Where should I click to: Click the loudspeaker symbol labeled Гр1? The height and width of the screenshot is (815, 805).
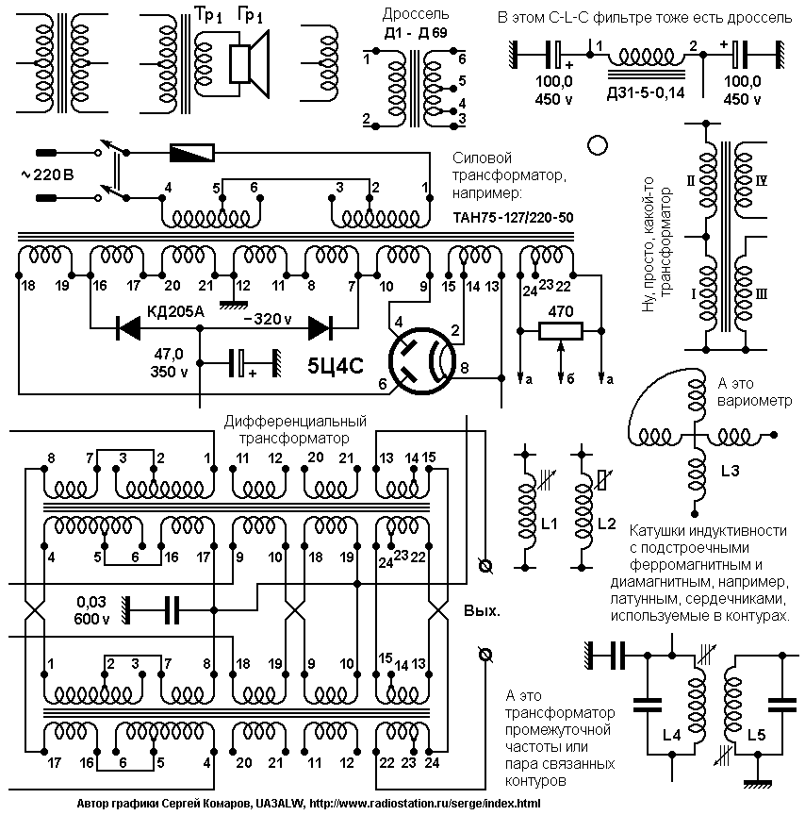[249, 64]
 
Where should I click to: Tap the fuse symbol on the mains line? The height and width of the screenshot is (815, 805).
[191, 153]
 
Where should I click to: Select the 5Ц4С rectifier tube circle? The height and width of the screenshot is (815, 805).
[421, 361]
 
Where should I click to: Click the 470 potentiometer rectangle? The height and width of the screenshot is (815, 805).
[560, 330]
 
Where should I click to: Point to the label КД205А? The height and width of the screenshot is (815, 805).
[175, 311]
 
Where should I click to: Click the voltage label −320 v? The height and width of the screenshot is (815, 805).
[268, 319]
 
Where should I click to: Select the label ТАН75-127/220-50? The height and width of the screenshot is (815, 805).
[513, 217]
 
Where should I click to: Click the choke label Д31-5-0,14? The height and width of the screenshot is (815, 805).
[646, 93]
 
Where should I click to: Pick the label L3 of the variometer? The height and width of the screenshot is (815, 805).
[730, 471]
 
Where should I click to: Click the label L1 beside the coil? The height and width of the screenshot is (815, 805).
[549, 524]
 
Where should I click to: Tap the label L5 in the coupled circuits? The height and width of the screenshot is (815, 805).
[756, 735]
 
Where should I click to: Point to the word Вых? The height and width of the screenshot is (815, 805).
[482, 610]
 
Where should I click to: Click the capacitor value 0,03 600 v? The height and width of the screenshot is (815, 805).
[92, 610]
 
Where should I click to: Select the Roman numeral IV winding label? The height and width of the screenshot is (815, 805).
[761, 181]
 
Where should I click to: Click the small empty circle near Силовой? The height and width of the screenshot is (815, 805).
[598, 145]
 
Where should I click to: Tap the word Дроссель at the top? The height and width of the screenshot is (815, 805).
[416, 14]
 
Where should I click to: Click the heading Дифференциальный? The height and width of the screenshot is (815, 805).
[295, 421]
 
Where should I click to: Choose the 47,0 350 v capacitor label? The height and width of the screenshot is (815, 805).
[170, 363]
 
